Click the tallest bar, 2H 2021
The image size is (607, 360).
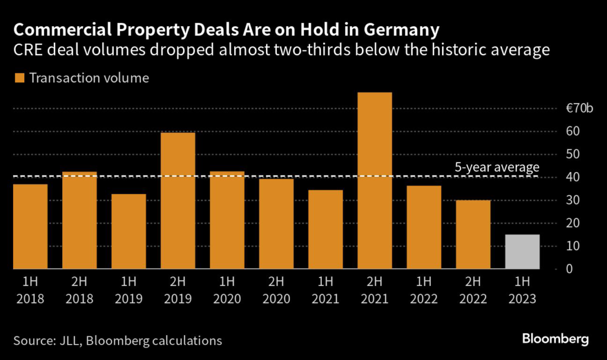tap(375, 181)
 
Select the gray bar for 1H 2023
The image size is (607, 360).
tap(522, 251)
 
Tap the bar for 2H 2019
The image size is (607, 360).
tap(178, 200)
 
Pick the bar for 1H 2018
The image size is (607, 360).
tap(30, 227)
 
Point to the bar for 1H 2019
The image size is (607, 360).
tap(129, 231)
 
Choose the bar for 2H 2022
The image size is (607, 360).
tap(473, 234)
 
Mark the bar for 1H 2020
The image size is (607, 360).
tap(227, 220)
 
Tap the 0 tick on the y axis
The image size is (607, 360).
tap(568, 269)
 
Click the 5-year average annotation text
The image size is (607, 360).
tap(497, 167)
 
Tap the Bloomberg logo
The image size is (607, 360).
tap(555, 339)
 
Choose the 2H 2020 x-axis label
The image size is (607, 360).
tap(276, 289)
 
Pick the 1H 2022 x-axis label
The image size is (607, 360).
tap(424, 289)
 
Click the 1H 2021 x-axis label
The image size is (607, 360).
tap(325, 289)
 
